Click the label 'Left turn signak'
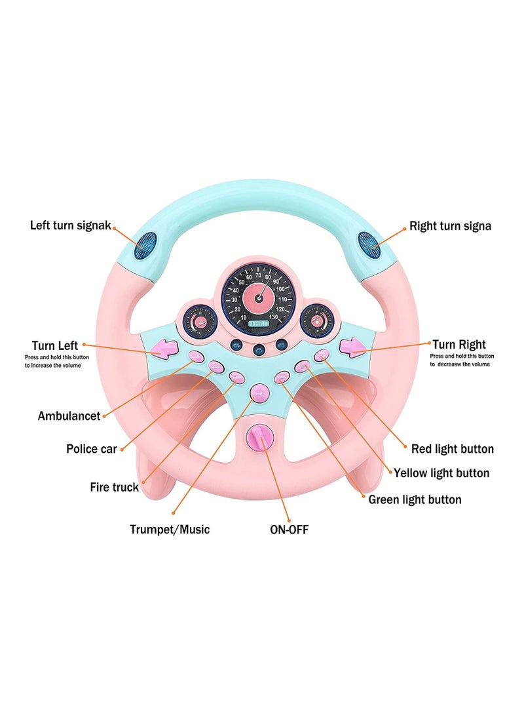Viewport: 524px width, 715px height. coord(71,225)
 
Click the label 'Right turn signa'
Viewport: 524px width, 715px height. coord(450,226)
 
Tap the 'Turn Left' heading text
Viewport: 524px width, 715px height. coord(55,345)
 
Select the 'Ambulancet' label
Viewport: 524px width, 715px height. coord(69,416)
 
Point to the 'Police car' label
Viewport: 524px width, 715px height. coord(91,449)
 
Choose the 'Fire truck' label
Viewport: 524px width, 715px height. coord(114,487)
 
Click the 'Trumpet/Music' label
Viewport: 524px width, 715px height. coord(170,529)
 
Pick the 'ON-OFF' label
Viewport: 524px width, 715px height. coord(289,529)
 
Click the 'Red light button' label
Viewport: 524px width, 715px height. coord(452,449)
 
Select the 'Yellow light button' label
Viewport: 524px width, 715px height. coord(441,473)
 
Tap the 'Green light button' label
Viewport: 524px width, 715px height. coord(415,499)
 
